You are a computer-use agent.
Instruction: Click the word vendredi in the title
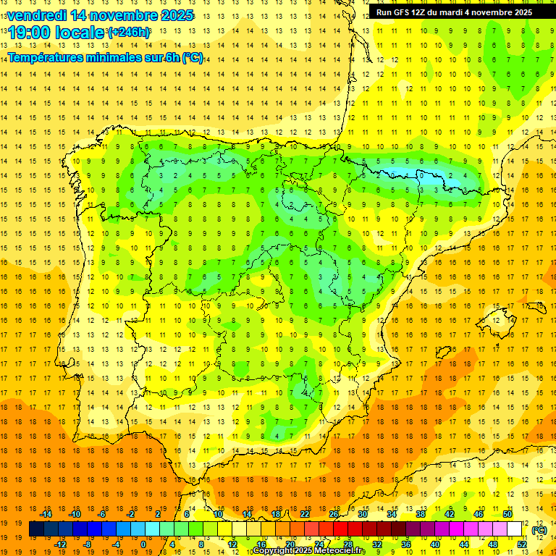(x=37, y=15)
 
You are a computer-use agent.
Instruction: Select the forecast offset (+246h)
(x=130, y=33)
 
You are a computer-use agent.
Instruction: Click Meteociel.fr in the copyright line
(x=334, y=551)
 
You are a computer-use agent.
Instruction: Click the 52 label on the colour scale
(x=521, y=544)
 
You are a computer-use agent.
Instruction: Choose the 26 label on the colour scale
(x=334, y=514)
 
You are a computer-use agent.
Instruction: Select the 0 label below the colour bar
(x=143, y=544)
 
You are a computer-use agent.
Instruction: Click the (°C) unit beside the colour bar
(x=539, y=530)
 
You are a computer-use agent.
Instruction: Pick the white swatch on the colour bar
(x=515, y=529)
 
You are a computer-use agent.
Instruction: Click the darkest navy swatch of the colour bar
(x=37, y=529)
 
